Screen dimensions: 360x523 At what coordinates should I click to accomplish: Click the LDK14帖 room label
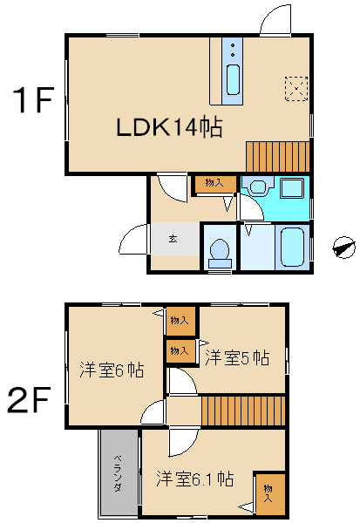pyautogui.click(x=169, y=127)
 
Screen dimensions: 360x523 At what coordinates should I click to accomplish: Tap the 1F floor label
pyautogui.click(x=33, y=99)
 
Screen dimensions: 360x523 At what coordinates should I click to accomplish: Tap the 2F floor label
pyautogui.click(x=30, y=399)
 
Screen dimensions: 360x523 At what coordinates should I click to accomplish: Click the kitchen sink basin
pyautogui.click(x=233, y=79)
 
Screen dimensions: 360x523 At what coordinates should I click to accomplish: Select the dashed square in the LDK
pyautogui.click(x=296, y=89)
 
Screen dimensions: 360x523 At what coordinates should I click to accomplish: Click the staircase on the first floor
pyautogui.click(x=278, y=157)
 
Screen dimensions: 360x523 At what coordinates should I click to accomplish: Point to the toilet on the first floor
pyautogui.click(x=220, y=253)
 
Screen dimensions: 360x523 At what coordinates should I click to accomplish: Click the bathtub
pyautogui.click(x=292, y=247)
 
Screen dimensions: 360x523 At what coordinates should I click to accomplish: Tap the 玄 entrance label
pyautogui.click(x=173, y=239)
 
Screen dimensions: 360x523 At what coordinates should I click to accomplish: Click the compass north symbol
pyautogui.click(x=344, y=248)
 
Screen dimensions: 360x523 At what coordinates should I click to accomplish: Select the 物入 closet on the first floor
pyautogui.click(x=215, y=183)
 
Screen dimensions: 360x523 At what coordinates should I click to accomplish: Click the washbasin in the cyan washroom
pyautogui.click(x=258, y=187)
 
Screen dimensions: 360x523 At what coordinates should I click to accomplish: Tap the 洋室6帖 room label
pyautogui.click(x=112, y=370)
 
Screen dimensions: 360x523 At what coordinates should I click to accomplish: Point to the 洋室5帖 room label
pyautogui.click(x=237, y=357)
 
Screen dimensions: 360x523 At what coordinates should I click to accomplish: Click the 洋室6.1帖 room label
pyautogui.click(x=195, y=479)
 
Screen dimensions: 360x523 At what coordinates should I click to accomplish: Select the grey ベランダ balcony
pyautogui.click(x=118, y=472)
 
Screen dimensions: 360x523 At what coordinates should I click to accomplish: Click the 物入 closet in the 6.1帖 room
pyautogui.click(x=270, y=493)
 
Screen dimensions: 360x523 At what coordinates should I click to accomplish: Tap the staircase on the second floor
pyautogui.click(x=243, y=411)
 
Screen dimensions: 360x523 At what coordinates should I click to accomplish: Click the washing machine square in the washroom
pyautogui.click(x=292, y=188)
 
